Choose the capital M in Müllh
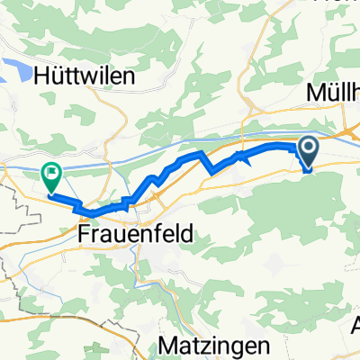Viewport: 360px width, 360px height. click(314, 94)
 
